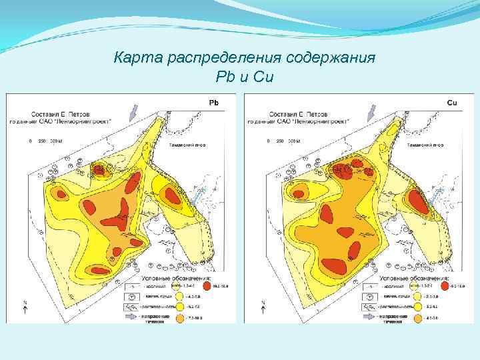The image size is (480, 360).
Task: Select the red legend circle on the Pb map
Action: [x=207, y=285]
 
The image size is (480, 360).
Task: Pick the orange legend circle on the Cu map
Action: [x=418, y=319]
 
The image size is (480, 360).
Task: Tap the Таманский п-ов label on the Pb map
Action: [x=186, y=144]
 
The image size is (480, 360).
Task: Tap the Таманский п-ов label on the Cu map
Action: [x=425, y=144]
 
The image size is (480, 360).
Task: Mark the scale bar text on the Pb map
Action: [x=46, y=141]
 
